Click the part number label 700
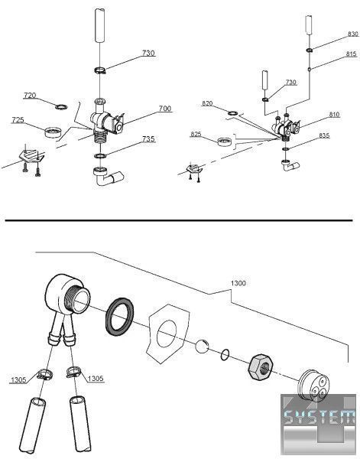164,109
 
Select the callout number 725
18,120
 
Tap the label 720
30,96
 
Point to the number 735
148,138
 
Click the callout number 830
353,34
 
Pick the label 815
352,54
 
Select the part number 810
334,115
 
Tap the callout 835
324,135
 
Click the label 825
196,134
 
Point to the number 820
207,103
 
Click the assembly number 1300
238,283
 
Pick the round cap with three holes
313,386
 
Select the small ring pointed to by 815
309,70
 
